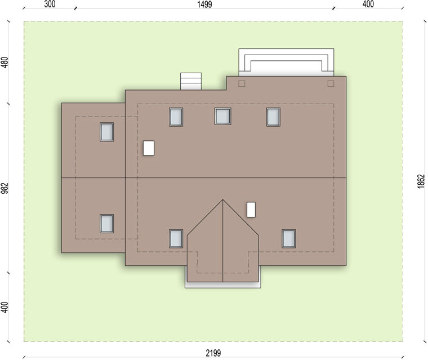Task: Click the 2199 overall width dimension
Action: [213, 353]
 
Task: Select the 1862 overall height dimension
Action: [421, 181]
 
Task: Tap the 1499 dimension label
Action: [204, 5]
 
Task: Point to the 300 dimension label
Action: [50, 4]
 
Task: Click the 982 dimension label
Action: [5, 188]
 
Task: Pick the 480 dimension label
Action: [5, 63]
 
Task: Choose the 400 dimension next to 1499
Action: [368, 4]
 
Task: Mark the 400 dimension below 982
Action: [5, 307]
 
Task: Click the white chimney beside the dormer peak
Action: [251, 210]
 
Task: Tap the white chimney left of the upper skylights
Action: [149, 148]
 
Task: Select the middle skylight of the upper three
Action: [223, 117]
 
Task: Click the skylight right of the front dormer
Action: [289, 239]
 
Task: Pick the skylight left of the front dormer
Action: [176, 239]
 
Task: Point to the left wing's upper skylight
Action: [107, 132]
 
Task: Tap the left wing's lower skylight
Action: [107, 224]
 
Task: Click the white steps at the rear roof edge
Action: [191, 81]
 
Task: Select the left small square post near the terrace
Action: [242, 83]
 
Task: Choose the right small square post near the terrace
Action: [331, 83]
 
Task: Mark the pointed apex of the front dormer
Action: [223, 199]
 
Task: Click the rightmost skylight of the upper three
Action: [273, 117]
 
